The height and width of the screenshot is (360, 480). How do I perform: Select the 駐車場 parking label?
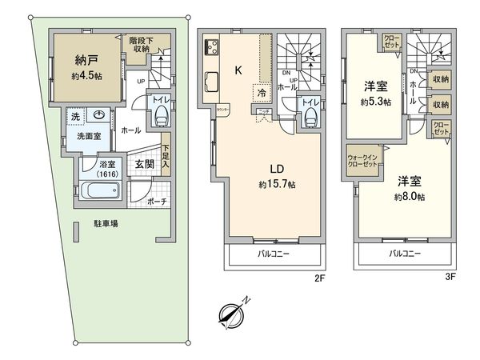(104, 224)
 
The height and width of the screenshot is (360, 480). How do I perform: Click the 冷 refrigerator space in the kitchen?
(262, 93)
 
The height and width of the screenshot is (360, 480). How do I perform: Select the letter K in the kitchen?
(238, 70)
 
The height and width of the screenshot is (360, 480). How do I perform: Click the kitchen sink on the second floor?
(213, 82)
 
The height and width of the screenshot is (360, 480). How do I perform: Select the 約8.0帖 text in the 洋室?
(408, 197)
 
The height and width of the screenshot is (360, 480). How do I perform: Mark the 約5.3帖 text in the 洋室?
(374, 102)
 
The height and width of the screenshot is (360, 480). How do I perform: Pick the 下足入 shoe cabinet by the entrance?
(166, 154)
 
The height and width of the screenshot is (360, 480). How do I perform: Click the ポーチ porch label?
(156, 202)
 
